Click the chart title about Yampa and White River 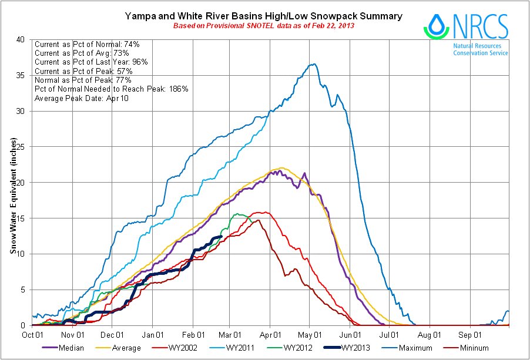click(264, 16)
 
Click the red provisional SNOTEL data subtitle click(264, 26)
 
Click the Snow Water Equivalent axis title click(12, 197)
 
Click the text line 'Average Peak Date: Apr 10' click(82, 97)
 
